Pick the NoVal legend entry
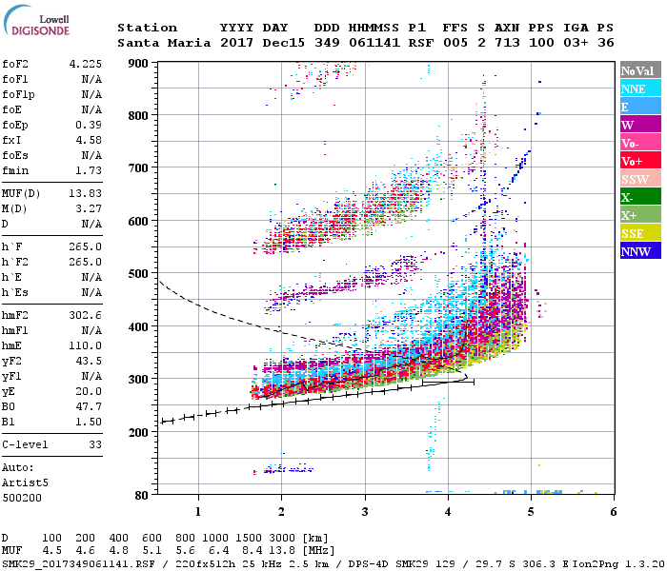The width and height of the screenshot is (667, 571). (640, 70)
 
